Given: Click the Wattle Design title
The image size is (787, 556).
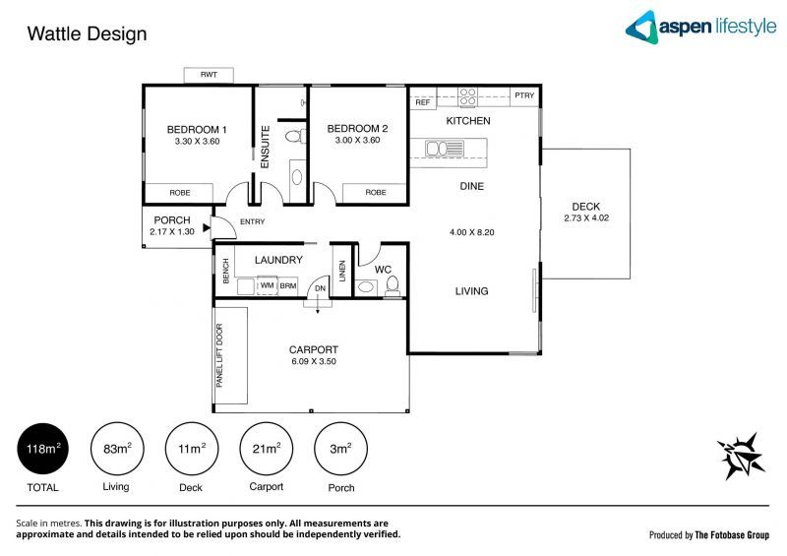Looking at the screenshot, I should [87, 34].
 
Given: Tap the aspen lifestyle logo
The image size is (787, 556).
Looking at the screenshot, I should [700, 27].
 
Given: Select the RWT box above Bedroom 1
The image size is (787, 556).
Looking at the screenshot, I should [209, 76].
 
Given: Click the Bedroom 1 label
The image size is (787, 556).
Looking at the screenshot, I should [197, 129].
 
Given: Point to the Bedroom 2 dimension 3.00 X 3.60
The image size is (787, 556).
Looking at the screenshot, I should [357, 141].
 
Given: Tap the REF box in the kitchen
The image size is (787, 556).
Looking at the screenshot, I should [423, 102].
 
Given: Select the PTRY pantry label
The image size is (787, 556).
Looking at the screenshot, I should [524, 95].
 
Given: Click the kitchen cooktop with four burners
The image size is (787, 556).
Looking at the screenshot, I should [468, 97].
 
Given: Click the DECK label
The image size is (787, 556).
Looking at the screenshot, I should [586, 207].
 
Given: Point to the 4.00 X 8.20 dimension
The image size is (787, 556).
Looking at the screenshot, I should [470, 233].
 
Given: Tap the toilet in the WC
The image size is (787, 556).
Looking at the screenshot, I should [393, 284].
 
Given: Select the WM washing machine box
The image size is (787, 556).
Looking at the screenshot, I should [266, 285].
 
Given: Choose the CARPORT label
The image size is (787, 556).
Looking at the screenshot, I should [314, 349].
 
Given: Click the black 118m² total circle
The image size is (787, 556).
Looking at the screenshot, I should [42, 449].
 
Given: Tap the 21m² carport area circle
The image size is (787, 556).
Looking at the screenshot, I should [266, 449].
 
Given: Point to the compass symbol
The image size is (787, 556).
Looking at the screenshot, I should [739, 455].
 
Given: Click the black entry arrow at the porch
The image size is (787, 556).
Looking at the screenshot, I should [207, 227].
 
